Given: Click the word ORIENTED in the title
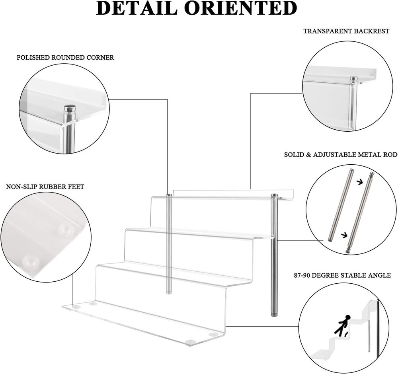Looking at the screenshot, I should click(x=245, y=8).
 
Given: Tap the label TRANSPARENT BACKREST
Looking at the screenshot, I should click(x=346, y=31).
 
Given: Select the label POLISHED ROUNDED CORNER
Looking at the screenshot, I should click(x=65, y=58).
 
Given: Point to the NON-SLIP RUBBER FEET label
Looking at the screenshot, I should click(x=45, y=187).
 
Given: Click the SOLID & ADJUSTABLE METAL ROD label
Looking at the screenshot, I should click(x=340, y=154).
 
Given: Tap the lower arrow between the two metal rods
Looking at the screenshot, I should click(x=343, y=235).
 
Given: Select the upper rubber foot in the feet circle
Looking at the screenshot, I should click(x=64, y=230).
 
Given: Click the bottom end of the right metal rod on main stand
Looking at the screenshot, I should click(x=274, y=314).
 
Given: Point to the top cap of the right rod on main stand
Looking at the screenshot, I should click(x=274, y=195).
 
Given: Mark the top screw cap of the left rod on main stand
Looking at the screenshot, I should click(x=169, y=195).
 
